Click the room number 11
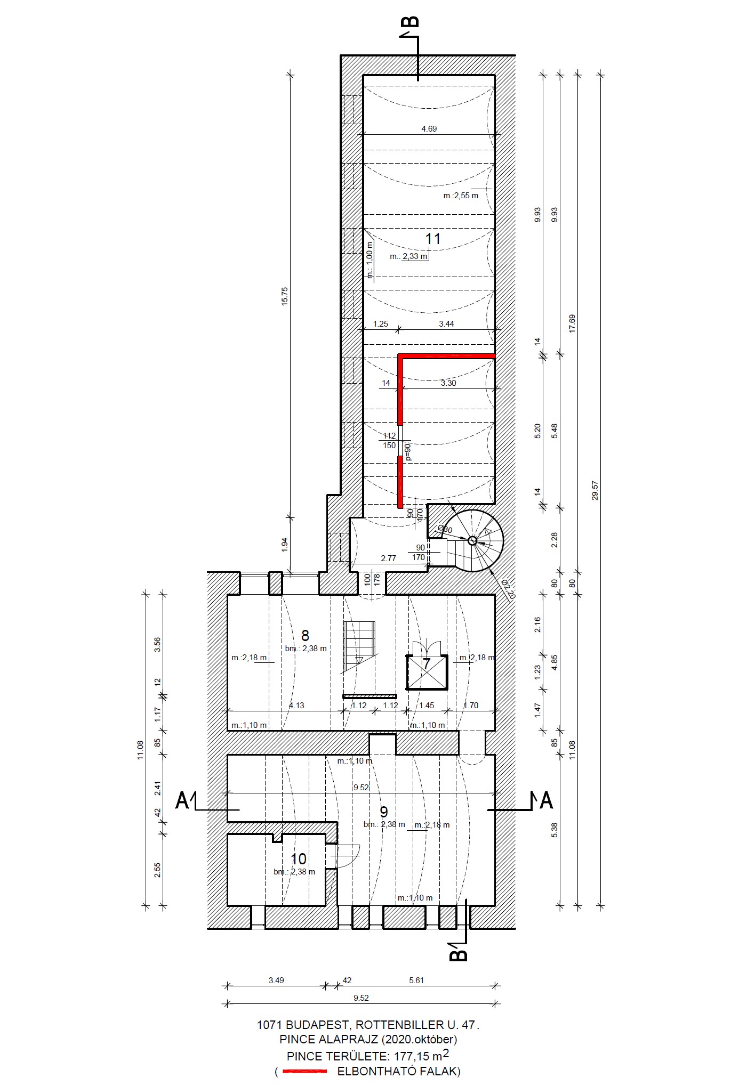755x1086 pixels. pyautogui.click(x=432, y=239)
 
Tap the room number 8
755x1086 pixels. pyautogui.click(x=305, y=635)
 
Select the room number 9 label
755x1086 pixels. pyautogui.click(x=383, y=812)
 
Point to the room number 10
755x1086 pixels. pyautogui.click(x=299, y=859)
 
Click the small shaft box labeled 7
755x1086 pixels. pyautogui.click(x=427, y=672)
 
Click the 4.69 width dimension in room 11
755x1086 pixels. pyautogui.click(x=429, y=128)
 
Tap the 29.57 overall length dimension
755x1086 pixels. pyautogui.click(x=595, y=490)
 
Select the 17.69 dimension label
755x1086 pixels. pyautogui.click(x=572, y=323)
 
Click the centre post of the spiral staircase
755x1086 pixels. pyautogui.click(x=472, y=540)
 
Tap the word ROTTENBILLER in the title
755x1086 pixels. pyautogui.click(x=399, y=1024)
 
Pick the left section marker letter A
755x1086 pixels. pyautogui.click(x=182, y=800)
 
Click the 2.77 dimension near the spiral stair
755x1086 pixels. pyautogui.click(x=388, y=558)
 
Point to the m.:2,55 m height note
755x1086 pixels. pyautogui.click(x=461, y=196)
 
